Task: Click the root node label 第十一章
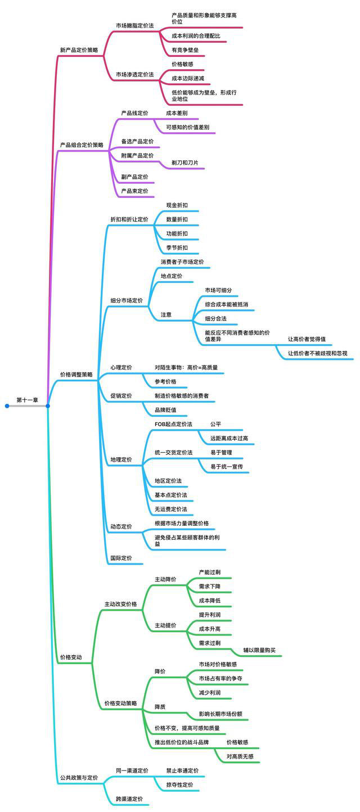27,400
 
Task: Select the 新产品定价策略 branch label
79,50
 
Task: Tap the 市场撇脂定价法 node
135,26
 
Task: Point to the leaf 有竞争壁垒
185,50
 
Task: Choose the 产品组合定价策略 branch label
82,145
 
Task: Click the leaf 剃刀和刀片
185,163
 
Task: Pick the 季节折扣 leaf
177,247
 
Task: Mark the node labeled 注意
166,315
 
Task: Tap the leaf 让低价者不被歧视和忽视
318,353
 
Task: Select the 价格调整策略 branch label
76,375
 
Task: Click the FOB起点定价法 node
173,424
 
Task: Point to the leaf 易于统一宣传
227,467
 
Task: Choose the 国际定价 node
121,558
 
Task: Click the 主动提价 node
165,625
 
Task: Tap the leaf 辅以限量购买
259,650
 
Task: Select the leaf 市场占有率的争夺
220,679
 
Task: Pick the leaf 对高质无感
240,756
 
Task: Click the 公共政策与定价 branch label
79,778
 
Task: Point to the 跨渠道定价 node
129,799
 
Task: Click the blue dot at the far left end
7,406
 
